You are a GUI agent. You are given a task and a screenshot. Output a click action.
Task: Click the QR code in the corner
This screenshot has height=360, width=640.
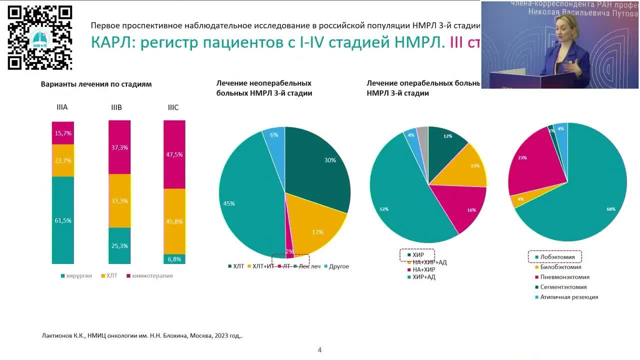[x=40, y=37]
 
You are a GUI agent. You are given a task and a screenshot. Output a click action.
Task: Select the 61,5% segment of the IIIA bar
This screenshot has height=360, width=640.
[x=63, y=220]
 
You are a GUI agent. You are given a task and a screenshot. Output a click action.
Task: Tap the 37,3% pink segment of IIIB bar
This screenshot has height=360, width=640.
[x=119, y=147]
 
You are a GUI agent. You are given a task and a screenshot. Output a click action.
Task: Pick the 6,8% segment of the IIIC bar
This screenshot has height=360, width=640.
[x=174, y=259]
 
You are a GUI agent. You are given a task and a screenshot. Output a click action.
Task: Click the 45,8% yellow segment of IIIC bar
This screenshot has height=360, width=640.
[x=174, y=221]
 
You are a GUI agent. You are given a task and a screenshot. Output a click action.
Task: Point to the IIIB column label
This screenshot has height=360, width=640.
[x=116, y=107]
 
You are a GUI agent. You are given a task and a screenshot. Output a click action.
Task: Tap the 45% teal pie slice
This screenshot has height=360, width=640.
[x=245, y=200]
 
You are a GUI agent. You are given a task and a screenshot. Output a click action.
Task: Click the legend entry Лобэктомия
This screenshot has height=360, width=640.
[x=557, y=257]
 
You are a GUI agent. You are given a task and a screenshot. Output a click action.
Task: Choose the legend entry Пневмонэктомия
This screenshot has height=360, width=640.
[x=564, y=277]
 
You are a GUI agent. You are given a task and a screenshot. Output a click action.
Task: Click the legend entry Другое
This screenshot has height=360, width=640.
[x=338, y=266]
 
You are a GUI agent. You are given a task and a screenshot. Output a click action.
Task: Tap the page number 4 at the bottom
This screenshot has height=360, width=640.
[x=319, y=350]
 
